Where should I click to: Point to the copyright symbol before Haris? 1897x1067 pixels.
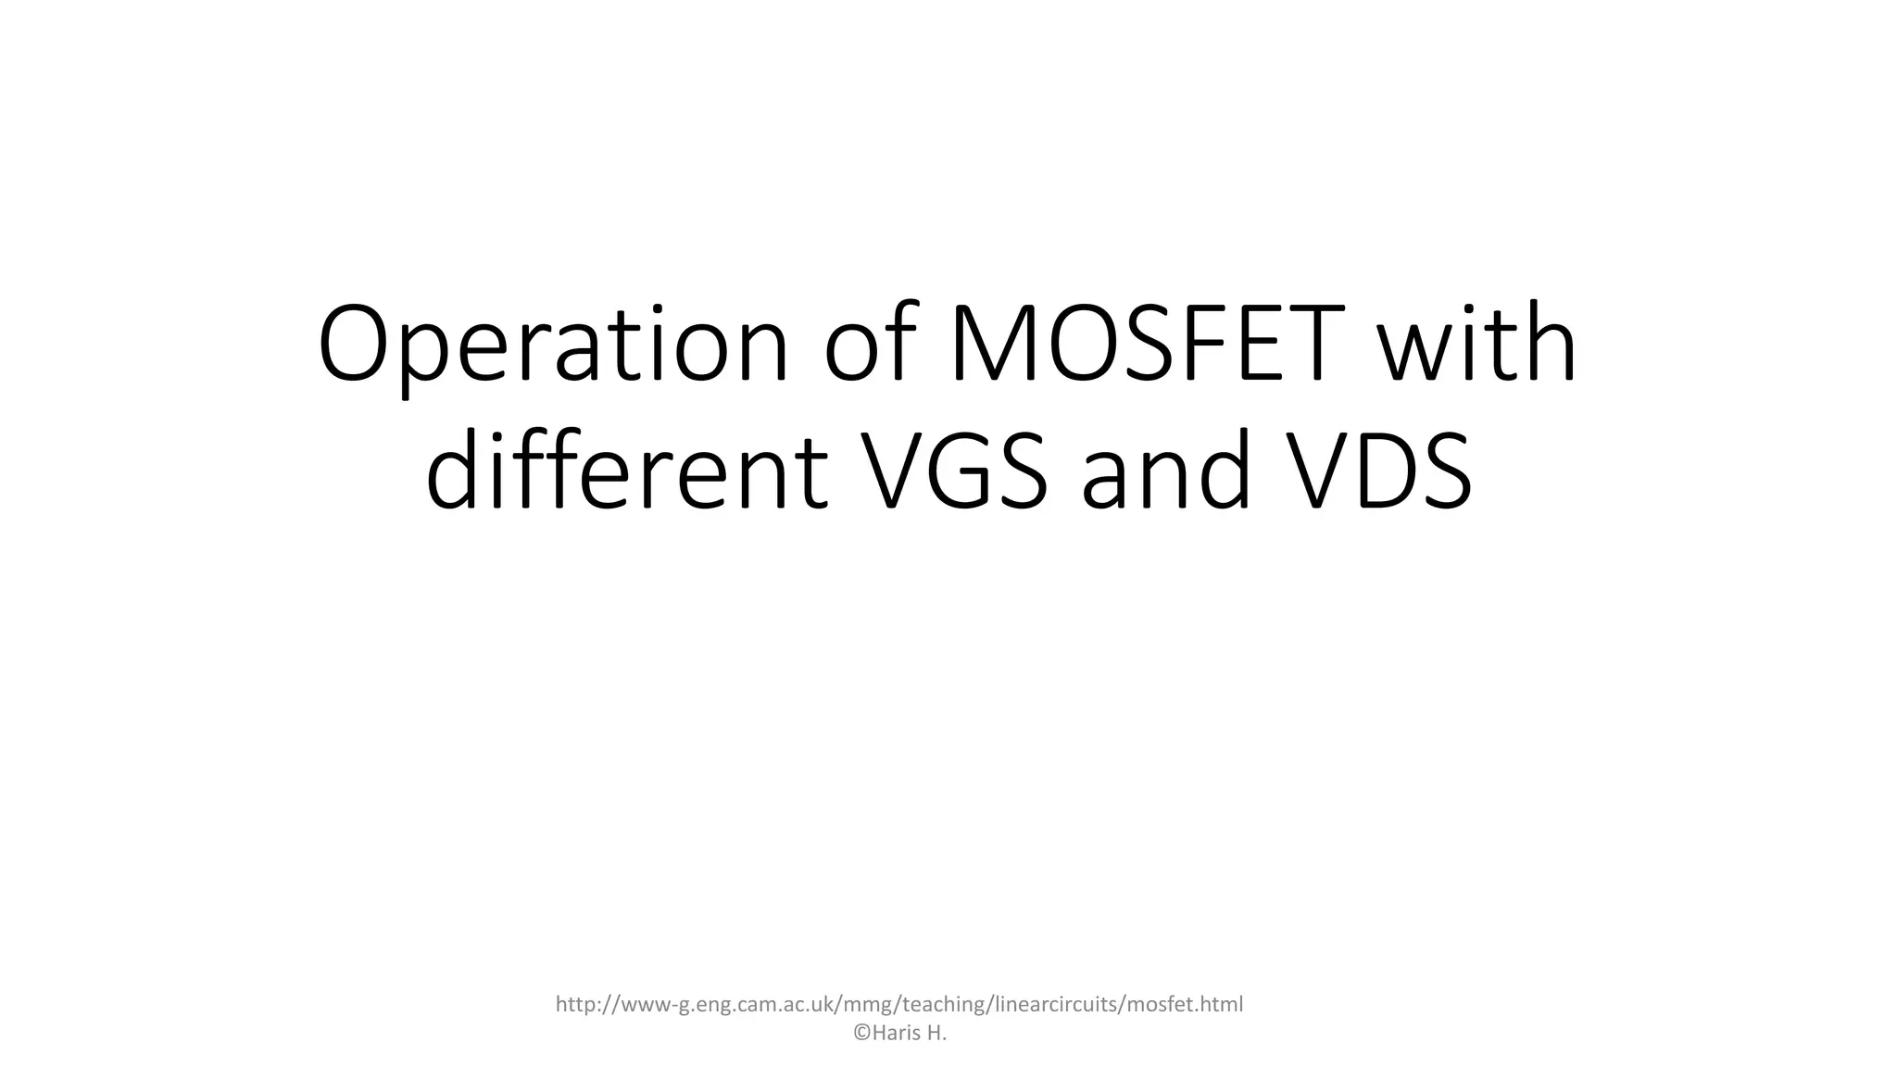coord(861,1034)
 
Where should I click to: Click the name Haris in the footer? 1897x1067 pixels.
coord(896,1034)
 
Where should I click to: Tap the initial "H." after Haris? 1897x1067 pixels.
coord(936,1034)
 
